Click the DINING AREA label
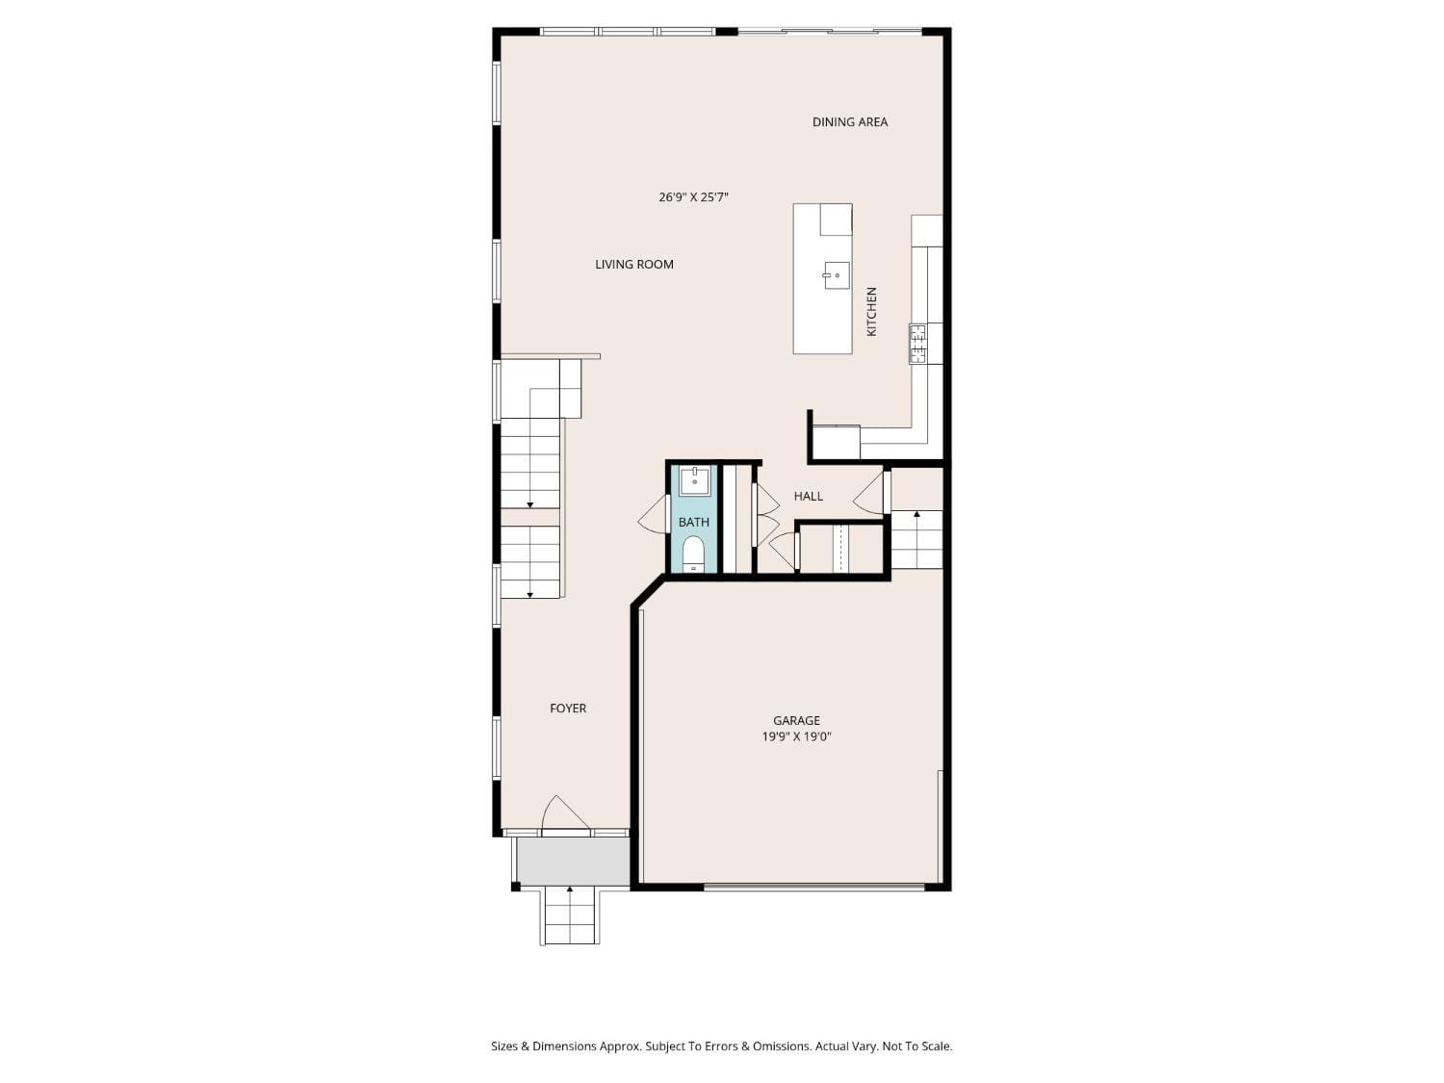click(849, 122)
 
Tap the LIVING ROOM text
click(633, 265)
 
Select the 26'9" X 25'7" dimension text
click(693, 197)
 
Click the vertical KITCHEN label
click(872, 311)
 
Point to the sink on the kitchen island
click(836, 275)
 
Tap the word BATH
click(693, 523)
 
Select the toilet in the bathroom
click(693, 554)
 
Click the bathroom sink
click(694, 480)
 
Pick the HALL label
click(808, 497)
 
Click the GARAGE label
click(796, 721)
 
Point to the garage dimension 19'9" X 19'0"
click(796, 737)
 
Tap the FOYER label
click(568, 709)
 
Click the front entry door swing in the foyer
click(564, 814)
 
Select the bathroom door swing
click(654, 514)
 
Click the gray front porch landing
click(573, 861)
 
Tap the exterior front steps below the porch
click(570, 915)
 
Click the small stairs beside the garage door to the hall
click(915, 540)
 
